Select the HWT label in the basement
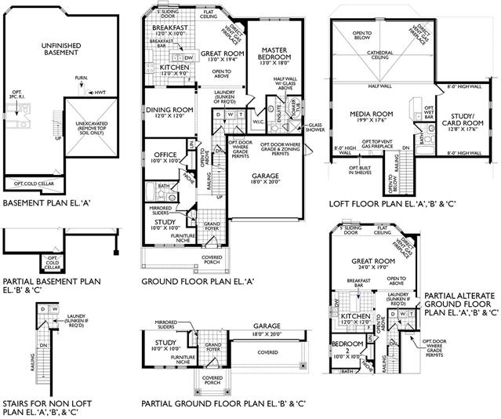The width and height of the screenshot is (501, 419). [x=98, y=93]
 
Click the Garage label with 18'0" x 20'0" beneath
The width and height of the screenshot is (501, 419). [x=265, y=177]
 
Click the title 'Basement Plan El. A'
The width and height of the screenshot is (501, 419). [x=47, y=202]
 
